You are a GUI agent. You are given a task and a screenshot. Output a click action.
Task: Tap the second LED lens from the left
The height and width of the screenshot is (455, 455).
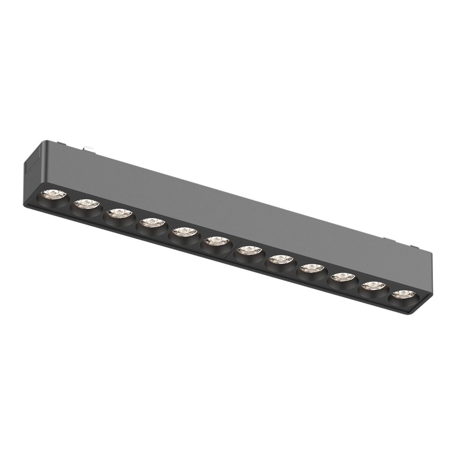click(86, 205)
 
